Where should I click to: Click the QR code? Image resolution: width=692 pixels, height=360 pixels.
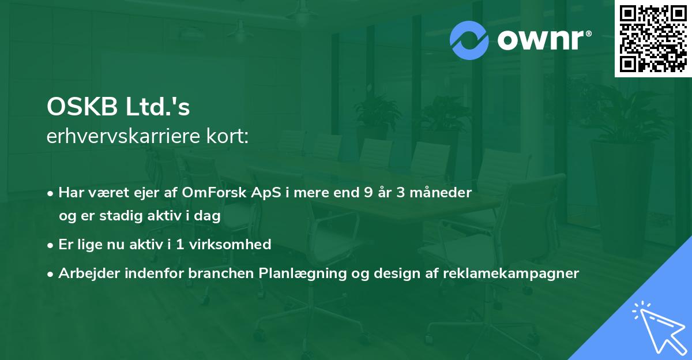click(x=653, y=38)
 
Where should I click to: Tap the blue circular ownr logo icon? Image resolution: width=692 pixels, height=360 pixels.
click(x=469, y=40)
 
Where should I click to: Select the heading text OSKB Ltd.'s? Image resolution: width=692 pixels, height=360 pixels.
click(x=118, y=108)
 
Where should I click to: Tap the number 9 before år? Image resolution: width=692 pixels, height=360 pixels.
click(x=368, y=193)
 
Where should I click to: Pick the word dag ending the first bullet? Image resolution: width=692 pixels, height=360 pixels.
click(x=209, y=216)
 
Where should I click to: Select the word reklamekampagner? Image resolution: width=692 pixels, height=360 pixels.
click(x=510, y=273)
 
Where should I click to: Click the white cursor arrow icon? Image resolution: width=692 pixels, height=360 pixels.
click(x=659, y=329)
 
